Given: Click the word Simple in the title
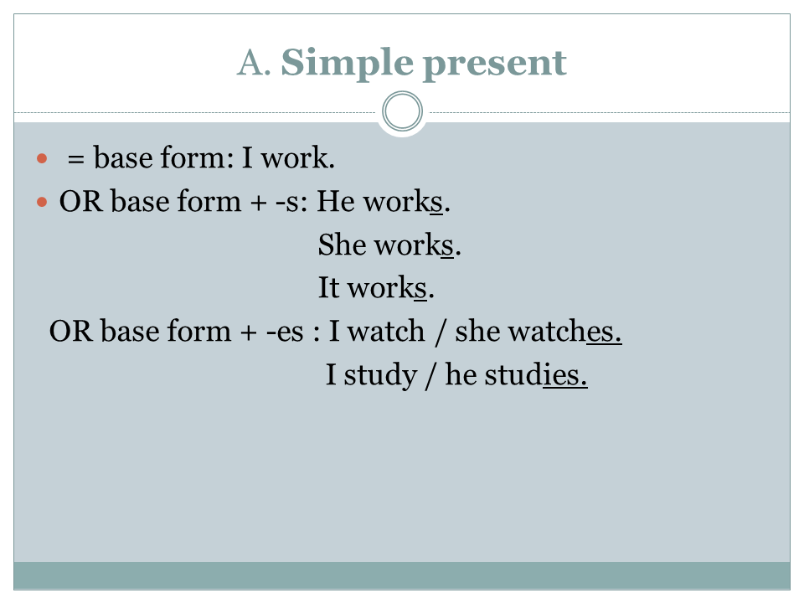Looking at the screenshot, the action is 347,64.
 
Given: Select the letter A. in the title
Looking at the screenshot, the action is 254,63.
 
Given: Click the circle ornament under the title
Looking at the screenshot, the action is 403,111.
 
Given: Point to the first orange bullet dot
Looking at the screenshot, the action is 42,158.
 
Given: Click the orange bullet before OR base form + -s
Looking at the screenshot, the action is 42,202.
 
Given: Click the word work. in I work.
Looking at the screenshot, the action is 298,157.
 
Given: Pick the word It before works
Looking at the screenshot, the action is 328,287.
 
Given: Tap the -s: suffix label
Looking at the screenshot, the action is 291,203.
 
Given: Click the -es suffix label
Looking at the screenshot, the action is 285,332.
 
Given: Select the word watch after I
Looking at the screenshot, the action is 386,332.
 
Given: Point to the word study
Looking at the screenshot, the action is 380,376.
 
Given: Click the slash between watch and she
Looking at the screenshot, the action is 440,332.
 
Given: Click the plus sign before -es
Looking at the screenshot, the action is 248,333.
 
